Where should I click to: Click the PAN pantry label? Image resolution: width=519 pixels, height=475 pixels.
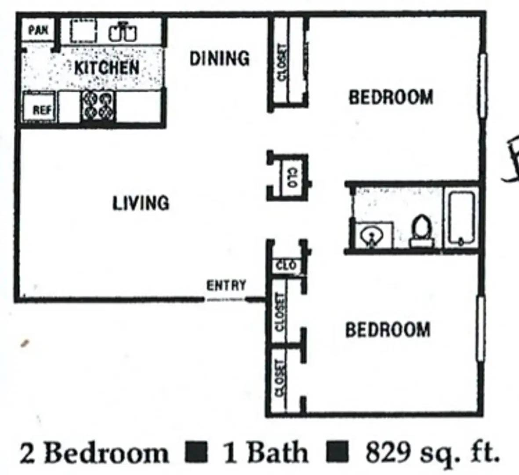[x=38, y=30]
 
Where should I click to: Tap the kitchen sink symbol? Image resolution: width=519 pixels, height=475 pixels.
[x=123, y=32]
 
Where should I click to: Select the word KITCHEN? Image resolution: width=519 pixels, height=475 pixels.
[x=107, y=68]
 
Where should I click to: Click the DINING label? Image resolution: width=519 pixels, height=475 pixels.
[x=219, y=58]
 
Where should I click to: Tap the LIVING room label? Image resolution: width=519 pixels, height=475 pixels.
[x=141, y=203]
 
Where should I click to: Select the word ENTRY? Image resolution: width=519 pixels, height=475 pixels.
[x=226, y=285]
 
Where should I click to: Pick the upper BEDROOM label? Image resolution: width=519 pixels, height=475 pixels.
[x=391, y=97]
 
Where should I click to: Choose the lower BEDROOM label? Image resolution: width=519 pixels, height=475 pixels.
[x=388, y=329]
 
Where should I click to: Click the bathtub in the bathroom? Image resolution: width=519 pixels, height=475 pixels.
[x=461, y=218]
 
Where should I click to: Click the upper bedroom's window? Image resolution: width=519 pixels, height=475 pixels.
[x=483, y=85]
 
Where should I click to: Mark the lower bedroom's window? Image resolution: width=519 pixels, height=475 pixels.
[x=481, y=328]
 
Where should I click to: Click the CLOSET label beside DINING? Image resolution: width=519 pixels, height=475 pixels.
[x=282, y=62]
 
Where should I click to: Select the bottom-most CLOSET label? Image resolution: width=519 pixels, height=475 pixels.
[x=279, y=378]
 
